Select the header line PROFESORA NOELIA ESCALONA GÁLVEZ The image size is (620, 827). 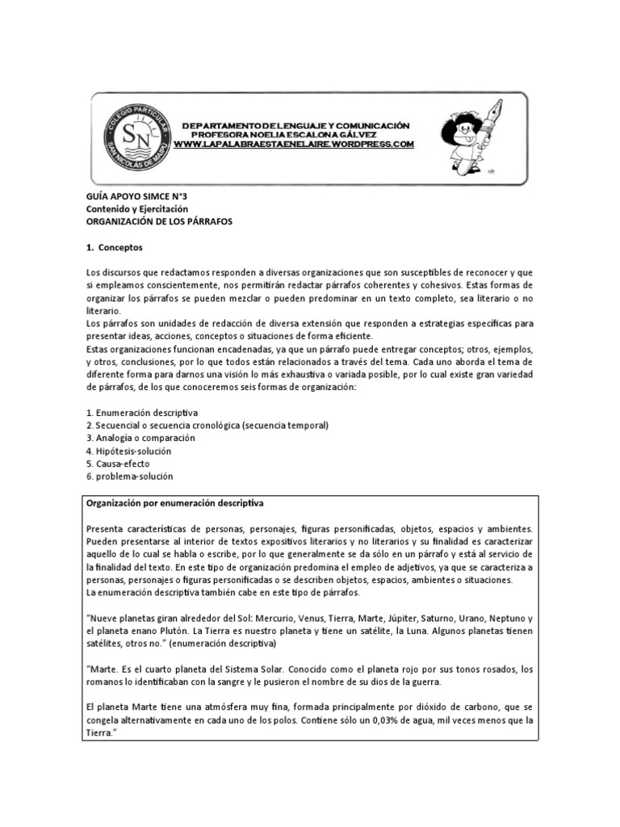click(x=295, y=135)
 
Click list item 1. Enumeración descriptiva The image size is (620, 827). click(x=141, y=413)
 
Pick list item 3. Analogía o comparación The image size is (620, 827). click(x=140, y=438)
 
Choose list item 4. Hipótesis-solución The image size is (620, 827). click(x=128, y=451)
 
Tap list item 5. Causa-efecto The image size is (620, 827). click(x=119, y=464)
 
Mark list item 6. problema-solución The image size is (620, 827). click(x=129, y=476)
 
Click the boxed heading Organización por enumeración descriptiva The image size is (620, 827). click(x=174, y=502)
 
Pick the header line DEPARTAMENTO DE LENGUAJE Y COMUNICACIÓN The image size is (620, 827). click(x=295, y=126)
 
